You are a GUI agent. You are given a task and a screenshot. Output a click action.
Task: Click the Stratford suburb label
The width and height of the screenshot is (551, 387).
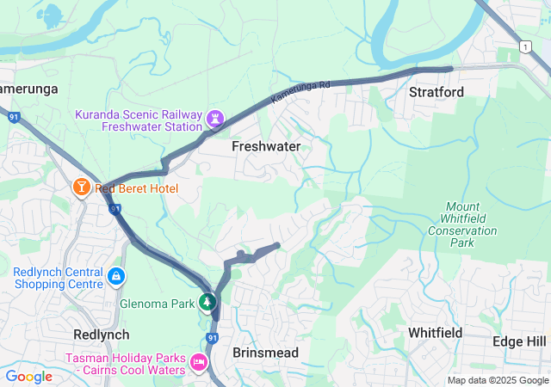pos(436,92)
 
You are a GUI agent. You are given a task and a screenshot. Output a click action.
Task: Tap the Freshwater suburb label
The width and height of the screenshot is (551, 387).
pos(266,147)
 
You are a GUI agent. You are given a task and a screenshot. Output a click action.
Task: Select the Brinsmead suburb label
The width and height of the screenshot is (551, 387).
pos(265,353)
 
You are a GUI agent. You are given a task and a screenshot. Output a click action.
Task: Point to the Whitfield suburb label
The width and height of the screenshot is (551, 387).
pos(435,333)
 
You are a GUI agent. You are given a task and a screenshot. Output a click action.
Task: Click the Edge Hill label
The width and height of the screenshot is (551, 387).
pos(520,341)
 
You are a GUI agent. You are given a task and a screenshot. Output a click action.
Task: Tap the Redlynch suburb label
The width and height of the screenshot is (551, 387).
pos(102,335)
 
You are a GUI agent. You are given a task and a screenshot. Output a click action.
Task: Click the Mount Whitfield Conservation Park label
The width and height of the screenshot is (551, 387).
pos(462,225)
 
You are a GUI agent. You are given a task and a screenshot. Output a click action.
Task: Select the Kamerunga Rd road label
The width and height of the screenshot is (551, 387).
pos(301,92)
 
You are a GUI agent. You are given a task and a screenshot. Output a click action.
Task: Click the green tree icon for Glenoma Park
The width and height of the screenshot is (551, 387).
pos(207,302)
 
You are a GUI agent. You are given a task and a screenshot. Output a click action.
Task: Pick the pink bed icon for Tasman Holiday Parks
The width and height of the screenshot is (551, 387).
pos(200,362)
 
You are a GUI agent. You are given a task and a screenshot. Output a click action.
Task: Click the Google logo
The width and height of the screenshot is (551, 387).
pos(28,377)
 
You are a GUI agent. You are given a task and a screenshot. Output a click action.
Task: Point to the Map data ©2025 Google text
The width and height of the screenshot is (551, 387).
pos(498,381)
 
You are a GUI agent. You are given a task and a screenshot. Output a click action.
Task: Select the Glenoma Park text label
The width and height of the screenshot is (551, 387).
pos(158,304)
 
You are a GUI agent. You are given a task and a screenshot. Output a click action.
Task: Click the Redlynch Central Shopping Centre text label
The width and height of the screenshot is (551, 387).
pos(58,279)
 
